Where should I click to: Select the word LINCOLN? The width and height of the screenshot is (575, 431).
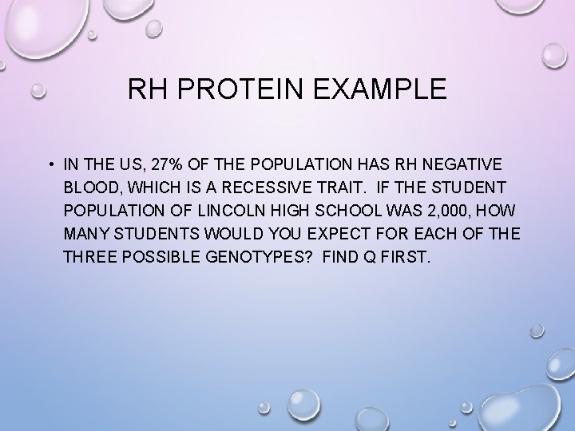click(218, 213)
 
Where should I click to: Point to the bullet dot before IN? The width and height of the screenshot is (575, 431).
click(50, 165)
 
